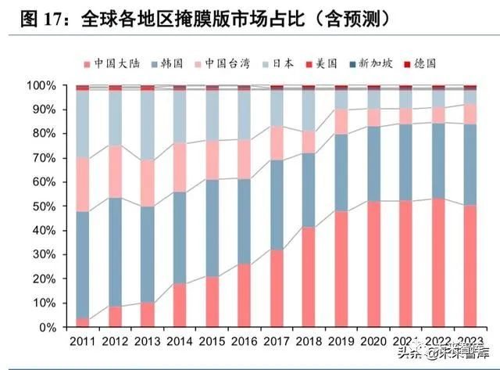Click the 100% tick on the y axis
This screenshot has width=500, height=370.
pyautogui.click(x=41, y=84)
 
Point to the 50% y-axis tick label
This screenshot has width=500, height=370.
pyautogui.click(x=44, y=206)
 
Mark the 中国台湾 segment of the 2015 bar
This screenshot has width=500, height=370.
pyautogui.click(x=212, y=160)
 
